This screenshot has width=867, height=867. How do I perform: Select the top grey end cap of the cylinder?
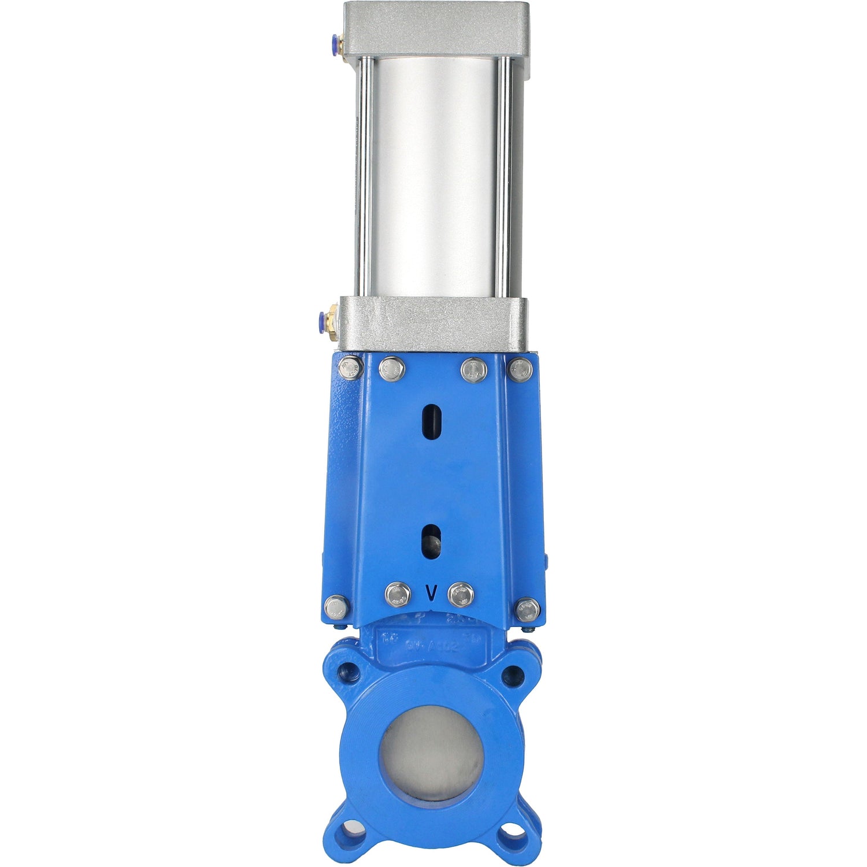436,29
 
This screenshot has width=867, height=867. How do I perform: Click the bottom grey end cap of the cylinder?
433,324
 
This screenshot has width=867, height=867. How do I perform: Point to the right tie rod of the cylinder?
505,176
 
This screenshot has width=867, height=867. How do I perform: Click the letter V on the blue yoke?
430,593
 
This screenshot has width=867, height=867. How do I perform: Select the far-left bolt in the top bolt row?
350,368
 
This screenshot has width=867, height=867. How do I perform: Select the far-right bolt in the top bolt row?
521,369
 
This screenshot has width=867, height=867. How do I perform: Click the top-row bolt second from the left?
392,369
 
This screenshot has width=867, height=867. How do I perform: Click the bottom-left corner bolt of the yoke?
336,607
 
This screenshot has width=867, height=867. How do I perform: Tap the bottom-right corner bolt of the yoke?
528,610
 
